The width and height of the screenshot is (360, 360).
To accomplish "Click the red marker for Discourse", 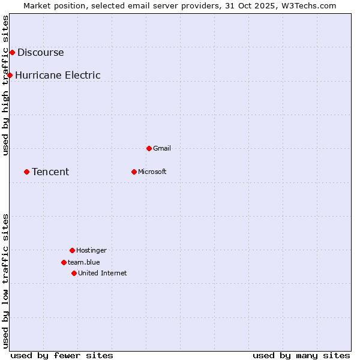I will click(12, 52).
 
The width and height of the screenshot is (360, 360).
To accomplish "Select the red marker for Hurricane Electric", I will click(10, 75).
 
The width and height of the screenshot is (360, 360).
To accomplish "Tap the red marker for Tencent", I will click(26, 172).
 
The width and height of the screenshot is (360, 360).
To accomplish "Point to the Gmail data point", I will click(149, 148).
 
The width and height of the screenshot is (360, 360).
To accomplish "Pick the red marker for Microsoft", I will click(134, 172).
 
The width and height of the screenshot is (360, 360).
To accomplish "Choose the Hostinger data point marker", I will click(72, 250).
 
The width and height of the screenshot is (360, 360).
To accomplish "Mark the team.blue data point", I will click(64, 262).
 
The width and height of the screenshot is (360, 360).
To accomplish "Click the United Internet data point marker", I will click(74, 273).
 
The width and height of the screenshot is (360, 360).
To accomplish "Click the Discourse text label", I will click(40, 52).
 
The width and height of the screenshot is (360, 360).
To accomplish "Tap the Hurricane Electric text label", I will click(58, 75).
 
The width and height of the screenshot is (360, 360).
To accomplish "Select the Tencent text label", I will click(50, 172).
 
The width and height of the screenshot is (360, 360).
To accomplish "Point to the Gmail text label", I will click(162, 148).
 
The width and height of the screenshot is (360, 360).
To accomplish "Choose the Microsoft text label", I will click(152, 172).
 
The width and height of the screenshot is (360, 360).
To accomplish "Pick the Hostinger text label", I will click(91, 250).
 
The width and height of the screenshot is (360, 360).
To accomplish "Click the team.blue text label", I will click(84, 262).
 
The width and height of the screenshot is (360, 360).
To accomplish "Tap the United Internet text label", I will click(103, 273).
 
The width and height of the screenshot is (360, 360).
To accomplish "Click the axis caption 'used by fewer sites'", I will click(62, 355).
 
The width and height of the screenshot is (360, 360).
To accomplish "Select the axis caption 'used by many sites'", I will click(301, 355).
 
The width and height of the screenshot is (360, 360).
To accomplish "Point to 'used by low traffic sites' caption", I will click(6, 281).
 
